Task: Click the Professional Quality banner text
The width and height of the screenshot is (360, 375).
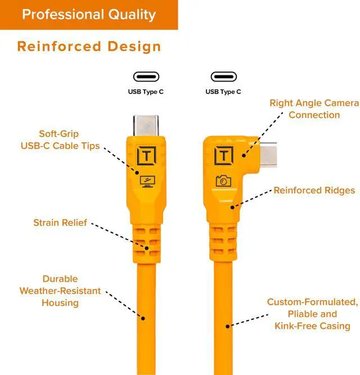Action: click(88, 14)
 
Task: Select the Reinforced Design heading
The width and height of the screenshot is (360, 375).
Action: click(89, 46)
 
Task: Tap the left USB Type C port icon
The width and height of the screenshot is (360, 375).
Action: click(146, 76)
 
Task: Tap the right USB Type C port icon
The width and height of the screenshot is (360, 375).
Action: click(223, 76)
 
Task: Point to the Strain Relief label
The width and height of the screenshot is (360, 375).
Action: click(60, 223)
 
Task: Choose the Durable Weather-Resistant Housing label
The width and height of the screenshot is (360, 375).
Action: click(60, 291)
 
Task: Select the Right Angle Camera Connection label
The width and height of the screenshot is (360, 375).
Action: click(314, 109)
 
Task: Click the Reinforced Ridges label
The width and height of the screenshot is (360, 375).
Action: click(314, 191)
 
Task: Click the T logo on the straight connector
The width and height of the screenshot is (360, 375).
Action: click(146, 155)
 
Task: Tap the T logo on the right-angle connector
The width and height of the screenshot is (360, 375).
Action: click(224, 155)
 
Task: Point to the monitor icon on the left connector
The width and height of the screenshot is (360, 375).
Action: click(146, 180)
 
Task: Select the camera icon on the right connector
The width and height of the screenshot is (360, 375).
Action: click(223, 180)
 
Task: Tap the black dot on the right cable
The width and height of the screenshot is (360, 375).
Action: click(228, 325)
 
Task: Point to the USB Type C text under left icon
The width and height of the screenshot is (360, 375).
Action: click(146, 92)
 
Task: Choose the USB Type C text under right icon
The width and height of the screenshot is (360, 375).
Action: click(223, 92)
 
